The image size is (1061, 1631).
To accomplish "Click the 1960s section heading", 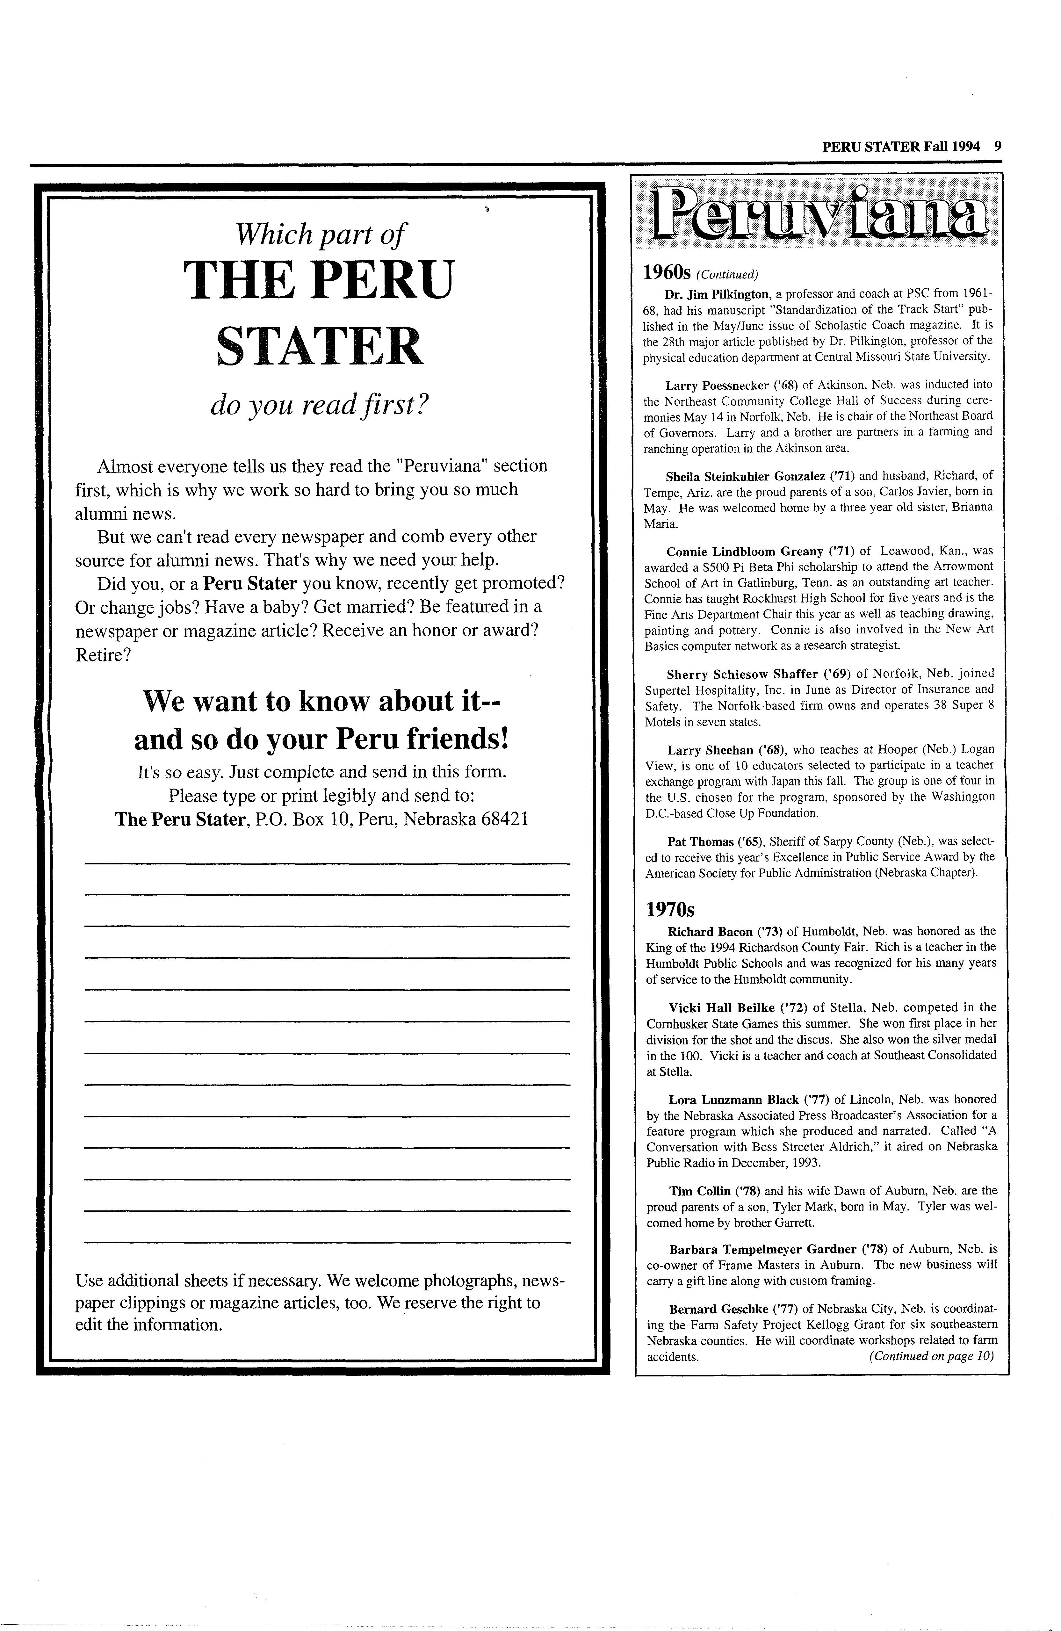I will (x=668, y=273).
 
